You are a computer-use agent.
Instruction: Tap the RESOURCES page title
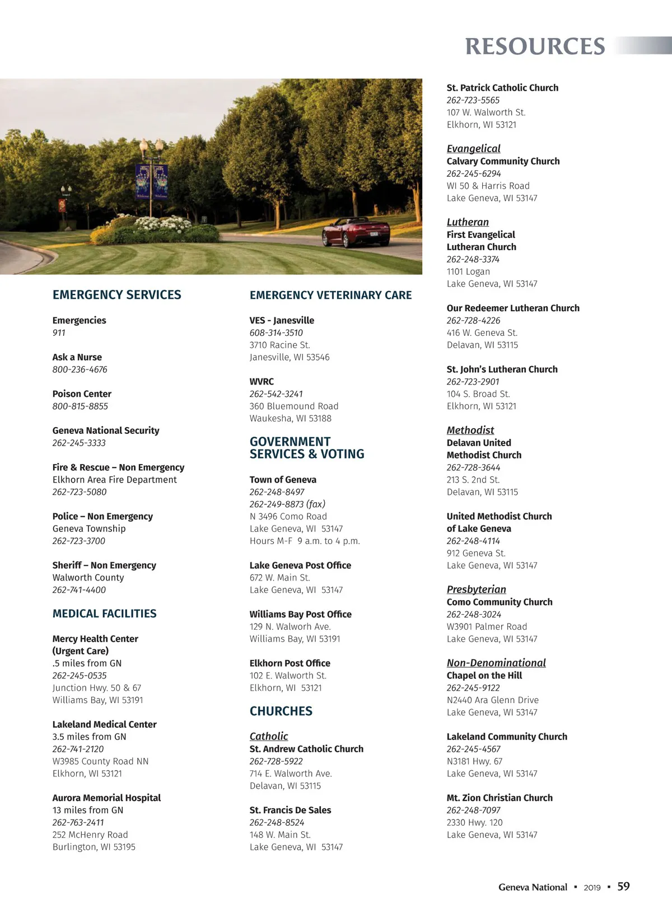pos(535,46)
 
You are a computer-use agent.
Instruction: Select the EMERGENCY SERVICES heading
pos(116,295)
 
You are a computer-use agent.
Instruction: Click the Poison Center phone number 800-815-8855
pos(80,406)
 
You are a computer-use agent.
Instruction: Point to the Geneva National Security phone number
pos(79,443)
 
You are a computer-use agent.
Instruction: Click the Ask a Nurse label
pos(77,357)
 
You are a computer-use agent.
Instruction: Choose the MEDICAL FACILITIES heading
pos(104,614)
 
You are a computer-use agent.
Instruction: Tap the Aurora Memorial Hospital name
pos(106,798)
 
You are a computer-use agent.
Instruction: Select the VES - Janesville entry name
pos(282,320)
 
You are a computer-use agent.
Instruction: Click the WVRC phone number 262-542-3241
pos(276,394)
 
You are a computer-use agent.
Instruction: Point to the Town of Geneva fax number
pos(287,504)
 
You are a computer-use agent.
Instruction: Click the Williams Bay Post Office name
pos(300,614)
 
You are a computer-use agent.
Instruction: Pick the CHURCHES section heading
pos(281,711)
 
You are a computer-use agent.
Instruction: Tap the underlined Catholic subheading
pos(269,736)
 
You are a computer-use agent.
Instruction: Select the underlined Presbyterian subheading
pos(476,589)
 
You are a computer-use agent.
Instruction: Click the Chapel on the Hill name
pos(484,676)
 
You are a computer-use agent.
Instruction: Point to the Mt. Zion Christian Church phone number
pos(473,810)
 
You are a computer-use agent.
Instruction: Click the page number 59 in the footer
pos(623,886)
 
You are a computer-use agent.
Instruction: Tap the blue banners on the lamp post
pos(151,181)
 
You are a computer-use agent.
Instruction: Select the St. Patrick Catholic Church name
pos(502,88)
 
